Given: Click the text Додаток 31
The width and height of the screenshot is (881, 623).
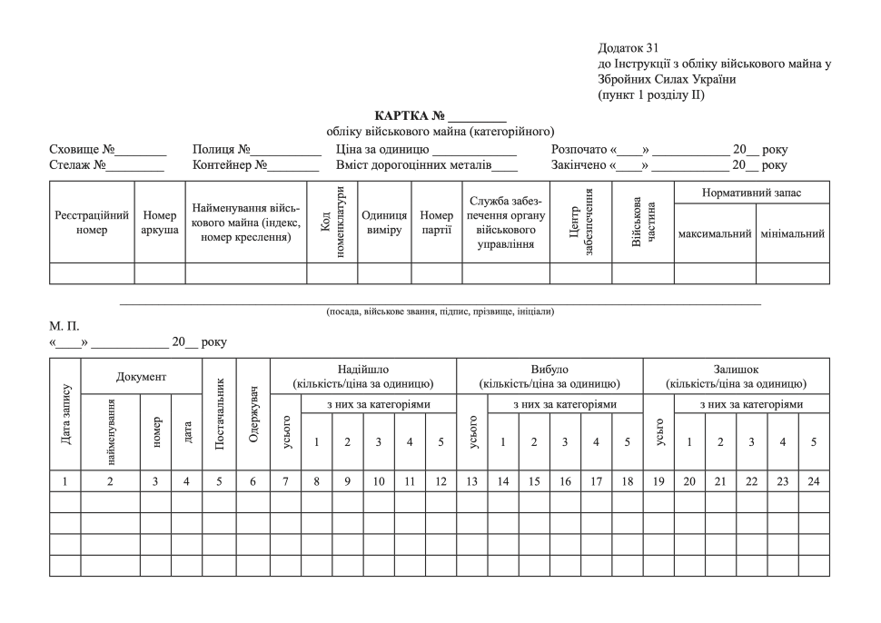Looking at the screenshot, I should click(629, 47).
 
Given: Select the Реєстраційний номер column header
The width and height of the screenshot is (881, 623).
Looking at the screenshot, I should click(92, 222).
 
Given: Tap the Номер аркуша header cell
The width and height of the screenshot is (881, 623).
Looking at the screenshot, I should click(160, 222).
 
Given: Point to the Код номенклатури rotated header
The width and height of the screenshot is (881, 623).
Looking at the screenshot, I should click(332, 222).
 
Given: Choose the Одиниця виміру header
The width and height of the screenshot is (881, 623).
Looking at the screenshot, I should click(383, 222).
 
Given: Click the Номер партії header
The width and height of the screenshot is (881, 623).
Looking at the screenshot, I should click(437, 222).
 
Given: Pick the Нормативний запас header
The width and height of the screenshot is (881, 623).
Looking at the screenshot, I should click(752, 193).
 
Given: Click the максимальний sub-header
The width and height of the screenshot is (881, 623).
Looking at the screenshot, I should click(715, 234).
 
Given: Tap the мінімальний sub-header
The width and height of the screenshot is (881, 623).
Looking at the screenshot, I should click(792, 234).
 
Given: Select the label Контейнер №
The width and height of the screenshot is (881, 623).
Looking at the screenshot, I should click(230, 165).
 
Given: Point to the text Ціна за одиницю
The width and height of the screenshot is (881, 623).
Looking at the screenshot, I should click(382, 149).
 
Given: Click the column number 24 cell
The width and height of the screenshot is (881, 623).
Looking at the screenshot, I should click(814, 480).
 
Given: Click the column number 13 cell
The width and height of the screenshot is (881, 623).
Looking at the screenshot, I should click(472, 480).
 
